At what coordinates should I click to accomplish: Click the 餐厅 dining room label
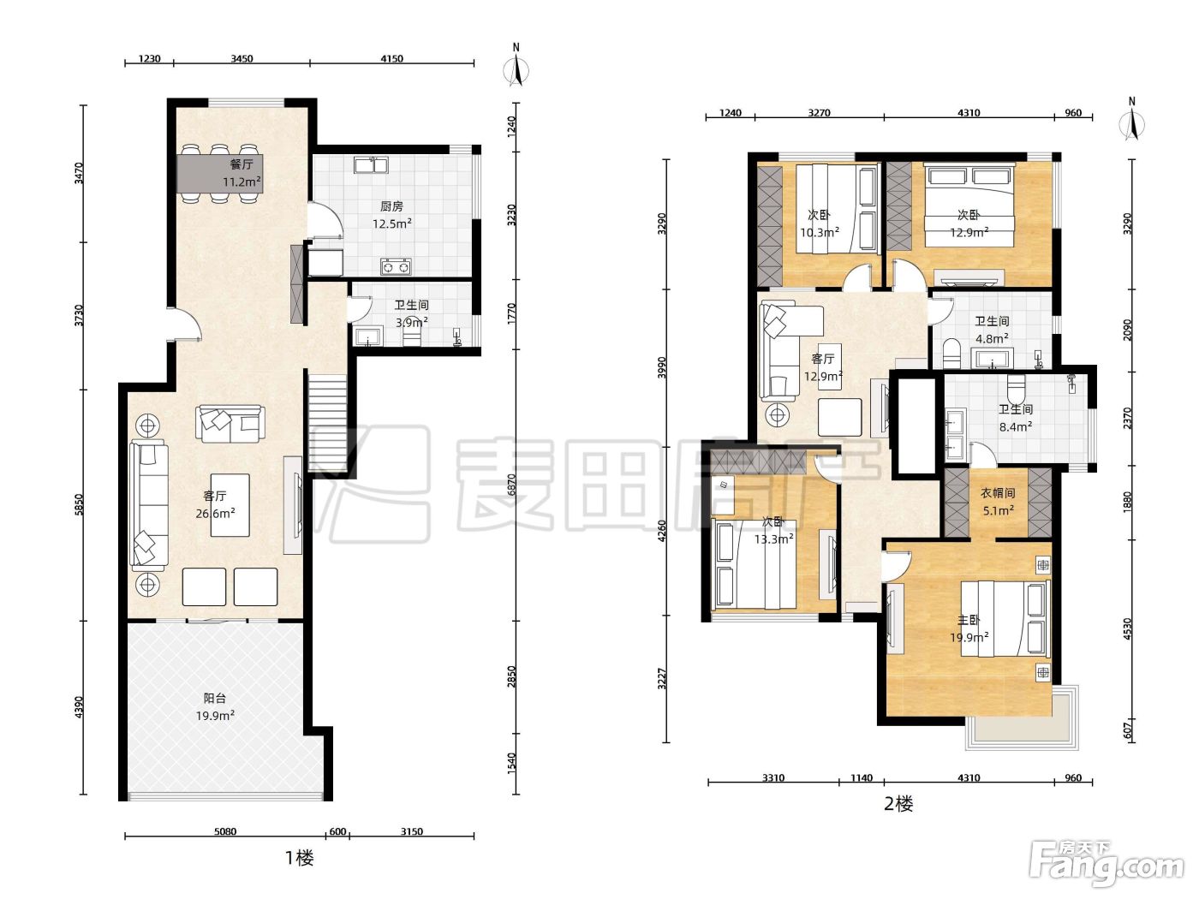(x=242, y=164)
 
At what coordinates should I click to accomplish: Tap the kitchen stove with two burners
(x=396, y=266)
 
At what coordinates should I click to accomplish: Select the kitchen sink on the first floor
(x=371, y=164)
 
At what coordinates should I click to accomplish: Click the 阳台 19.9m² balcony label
(x=215, y=706)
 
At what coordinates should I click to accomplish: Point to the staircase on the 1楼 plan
(x=328, y=420)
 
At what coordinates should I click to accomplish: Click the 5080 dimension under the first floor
(x=225, y=832)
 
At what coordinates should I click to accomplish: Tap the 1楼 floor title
(x=300, y=858)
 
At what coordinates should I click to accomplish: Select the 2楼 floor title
(x=898, y=804)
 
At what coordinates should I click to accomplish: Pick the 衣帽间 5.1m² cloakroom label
(x=998, y=502)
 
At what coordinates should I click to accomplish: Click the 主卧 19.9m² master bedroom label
(x=969, y=628)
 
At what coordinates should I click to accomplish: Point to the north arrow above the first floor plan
(x=516, y=66)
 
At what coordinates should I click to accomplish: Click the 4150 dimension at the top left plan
(x=391, y=59)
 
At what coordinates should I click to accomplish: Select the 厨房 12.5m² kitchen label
(x=391, y=215)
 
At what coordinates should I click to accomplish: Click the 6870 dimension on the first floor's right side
(x=512, y=484)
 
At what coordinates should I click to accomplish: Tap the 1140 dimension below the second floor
(x=862, y=777)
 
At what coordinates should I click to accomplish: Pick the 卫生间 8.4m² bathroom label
(x=1016, y=418)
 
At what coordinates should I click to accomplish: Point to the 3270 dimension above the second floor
(x=820, y=113)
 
